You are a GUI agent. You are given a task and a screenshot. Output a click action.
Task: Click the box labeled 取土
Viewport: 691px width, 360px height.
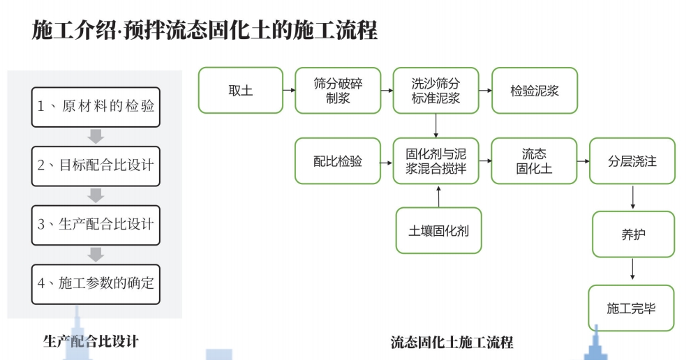(240, 90)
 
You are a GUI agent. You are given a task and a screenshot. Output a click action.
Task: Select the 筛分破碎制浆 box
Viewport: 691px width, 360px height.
(338, 90)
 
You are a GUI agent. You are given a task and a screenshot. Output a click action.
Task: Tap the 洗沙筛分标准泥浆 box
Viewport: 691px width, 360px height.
(436, 90)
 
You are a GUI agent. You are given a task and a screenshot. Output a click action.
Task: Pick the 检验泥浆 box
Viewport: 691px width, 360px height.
(535, 90)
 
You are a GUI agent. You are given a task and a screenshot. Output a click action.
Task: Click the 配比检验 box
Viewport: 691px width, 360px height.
(338, 161)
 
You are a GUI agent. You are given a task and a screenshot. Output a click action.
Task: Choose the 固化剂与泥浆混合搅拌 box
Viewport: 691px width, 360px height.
(436, 161)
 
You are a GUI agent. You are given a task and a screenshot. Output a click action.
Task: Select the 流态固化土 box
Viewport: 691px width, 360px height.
(535, 161)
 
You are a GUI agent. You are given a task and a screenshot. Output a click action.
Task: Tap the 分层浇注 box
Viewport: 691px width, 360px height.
(632, 161)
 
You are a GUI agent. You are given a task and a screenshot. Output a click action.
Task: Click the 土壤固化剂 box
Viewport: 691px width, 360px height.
(439, 230)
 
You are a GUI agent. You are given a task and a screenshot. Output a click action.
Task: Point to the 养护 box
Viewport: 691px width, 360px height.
(633, 234)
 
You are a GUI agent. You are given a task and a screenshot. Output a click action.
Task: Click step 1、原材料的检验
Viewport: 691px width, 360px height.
(96, 107)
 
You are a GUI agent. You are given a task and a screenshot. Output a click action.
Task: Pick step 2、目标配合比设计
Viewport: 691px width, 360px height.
(96, 165)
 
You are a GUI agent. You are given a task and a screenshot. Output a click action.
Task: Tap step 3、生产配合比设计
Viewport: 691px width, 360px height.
(96, 225)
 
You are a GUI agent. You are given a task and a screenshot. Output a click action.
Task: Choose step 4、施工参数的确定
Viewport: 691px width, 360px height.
(96, 283)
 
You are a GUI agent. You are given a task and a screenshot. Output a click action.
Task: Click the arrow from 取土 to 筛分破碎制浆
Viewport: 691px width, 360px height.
(288, 90)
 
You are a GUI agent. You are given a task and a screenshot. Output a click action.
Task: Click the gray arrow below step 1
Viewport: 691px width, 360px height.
(96, 136)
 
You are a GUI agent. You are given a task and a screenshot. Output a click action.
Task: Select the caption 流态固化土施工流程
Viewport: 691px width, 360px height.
(452, 342)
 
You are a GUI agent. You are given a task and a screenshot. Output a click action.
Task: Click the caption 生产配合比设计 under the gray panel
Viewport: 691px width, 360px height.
(91, 341)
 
